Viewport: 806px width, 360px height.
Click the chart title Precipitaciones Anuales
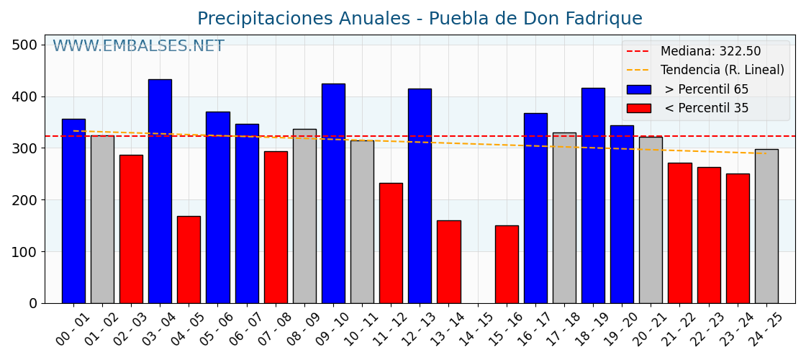(420, 19)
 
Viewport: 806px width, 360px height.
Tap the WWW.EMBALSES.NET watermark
(138, 47)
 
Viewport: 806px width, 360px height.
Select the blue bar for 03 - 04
(160, 191)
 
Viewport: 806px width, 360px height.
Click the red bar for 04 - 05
(189, 259)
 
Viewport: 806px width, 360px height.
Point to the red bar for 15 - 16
(507, 264)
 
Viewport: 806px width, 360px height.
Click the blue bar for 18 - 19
(593, 195)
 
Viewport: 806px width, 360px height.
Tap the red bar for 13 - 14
(448, 261)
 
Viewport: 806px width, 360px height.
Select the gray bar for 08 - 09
(304, 216)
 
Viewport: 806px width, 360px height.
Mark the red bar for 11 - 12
(391, 243)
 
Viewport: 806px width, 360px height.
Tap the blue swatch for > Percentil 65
(638, 89)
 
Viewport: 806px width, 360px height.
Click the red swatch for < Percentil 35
(638, 108)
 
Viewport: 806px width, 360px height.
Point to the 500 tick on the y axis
(24, 45)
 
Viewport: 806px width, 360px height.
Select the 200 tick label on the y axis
(24, 200)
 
